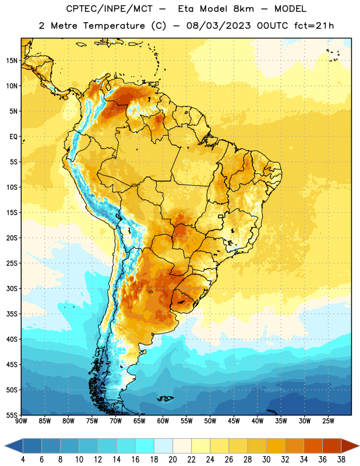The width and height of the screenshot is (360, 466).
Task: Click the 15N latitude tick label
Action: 12,61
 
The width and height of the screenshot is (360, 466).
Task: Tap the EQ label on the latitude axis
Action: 13,137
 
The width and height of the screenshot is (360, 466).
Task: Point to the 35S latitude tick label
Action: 12,314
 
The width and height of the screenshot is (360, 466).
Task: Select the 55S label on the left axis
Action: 12,415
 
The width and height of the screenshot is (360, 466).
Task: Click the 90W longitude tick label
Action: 22,421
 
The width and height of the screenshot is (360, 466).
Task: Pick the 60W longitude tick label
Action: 163,421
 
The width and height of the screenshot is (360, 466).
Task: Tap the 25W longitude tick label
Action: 328,421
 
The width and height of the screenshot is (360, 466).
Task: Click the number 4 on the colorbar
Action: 23,460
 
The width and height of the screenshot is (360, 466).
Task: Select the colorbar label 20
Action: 172,460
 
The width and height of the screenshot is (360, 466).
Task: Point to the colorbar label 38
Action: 341,460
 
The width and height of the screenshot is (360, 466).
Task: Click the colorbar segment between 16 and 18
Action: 145,446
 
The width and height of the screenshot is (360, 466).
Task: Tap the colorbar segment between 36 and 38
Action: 332,446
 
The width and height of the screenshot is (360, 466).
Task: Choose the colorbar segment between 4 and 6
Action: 33,446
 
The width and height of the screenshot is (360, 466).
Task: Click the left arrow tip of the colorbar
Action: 5,446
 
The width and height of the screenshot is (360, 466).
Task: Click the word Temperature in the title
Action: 114,26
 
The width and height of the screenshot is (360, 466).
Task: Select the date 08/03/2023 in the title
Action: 218,26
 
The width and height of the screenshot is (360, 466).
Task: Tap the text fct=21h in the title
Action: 314,26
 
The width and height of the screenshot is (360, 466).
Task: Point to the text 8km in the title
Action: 243,9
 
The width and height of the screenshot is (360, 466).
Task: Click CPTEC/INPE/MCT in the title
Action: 109,9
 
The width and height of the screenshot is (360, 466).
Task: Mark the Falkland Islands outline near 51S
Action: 165,398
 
